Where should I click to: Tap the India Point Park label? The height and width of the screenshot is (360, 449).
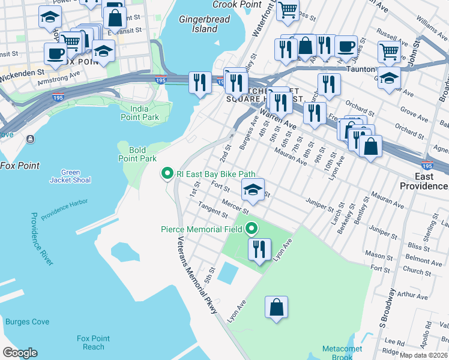tap(140, 113)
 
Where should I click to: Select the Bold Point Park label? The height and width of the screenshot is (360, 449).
tap(137, 154)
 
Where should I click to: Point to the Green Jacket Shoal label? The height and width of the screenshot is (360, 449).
tap(70, 176)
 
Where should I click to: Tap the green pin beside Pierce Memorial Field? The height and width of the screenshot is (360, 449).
tap(252, 229)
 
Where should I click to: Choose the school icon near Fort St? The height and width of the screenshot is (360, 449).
tap(253, 191)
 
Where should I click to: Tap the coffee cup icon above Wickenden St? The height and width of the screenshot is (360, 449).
tap(55, 53)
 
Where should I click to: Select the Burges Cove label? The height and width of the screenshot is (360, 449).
tap(27, 322)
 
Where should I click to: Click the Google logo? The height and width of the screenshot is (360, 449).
tap(19, 353)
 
